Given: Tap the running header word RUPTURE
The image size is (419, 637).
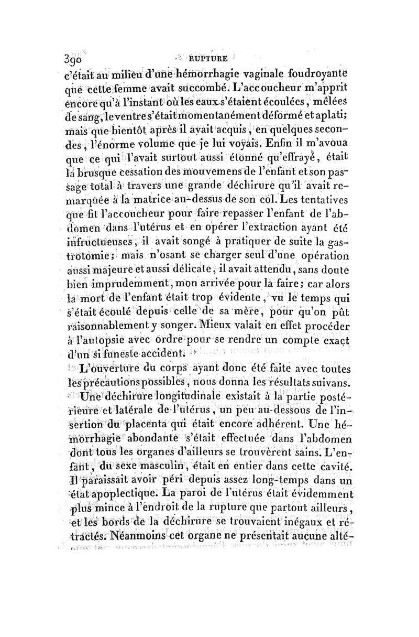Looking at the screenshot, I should pos(210,59).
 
